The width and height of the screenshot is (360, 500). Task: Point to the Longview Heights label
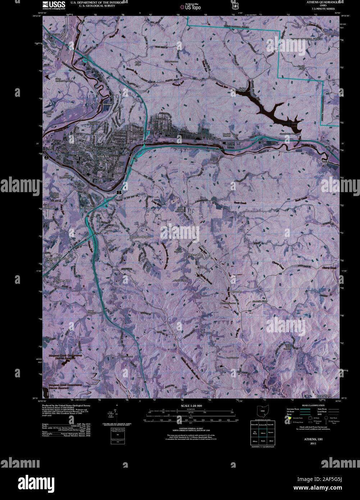tap(140, 237)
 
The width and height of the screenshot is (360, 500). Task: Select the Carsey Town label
tap(324, 395)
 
